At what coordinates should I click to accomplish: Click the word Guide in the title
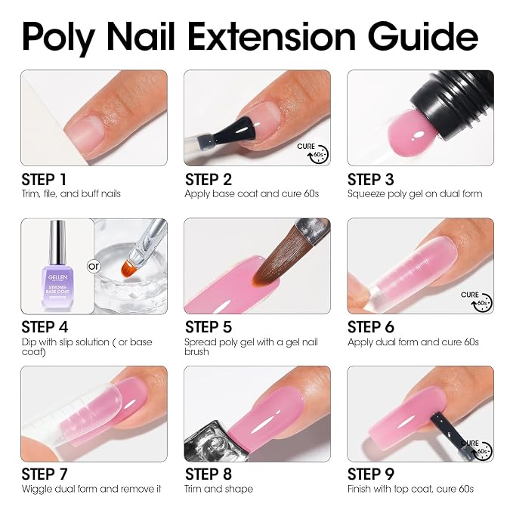[x=424, y=36]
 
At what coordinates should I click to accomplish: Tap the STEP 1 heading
[x=44, y=180]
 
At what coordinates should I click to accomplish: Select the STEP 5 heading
[x=208, y=327]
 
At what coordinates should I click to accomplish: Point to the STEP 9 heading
[x=371, y=474]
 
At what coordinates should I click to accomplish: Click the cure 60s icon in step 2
[x=313, y=153]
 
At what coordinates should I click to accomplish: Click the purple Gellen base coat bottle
[x=57, y=265]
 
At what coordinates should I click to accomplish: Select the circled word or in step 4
[x=94, y=266]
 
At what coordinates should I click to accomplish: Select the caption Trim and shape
[x=219, y=489]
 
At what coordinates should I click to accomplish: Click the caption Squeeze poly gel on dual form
[x=415, y=193]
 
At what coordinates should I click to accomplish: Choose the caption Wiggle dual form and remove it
[x=91, y=489]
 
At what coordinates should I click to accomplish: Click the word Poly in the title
[x=59, y=38]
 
